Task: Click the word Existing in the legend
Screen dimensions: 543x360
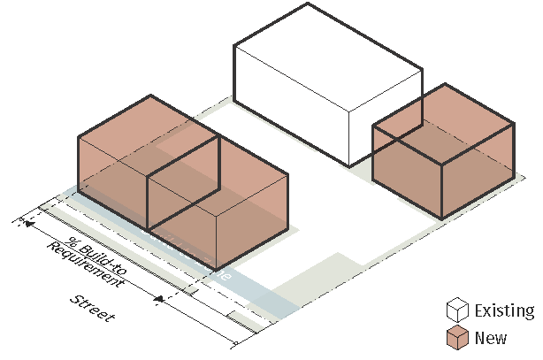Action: coord(504,311)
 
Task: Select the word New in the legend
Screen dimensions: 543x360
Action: coord(491,338)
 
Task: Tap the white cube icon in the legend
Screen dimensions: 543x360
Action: coord(457,310)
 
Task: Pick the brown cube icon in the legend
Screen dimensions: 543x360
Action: coord(457,337)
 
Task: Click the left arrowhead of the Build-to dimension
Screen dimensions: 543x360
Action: coord(30,225)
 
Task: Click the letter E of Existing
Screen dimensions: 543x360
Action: coord(479,311)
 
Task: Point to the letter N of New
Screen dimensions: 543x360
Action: coord(480,338)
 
